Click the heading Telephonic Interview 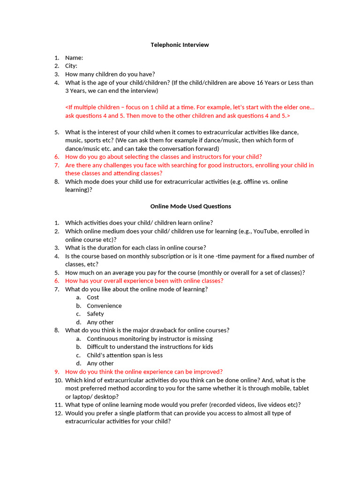(x=180, y=45)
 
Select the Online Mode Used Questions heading (x=190, y=206)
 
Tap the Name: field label (x=74, y=58)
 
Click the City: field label (x=71, y=66)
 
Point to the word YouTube (x=265, y=231)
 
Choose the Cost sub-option (x=93, y=297)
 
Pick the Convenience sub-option (x=104, y=306)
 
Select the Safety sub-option (x=95, y=314)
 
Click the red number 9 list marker (x=56, y=372)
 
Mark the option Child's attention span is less (x=125, y=355)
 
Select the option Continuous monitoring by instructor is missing (x=150, y=338)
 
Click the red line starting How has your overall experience (x=144, y=281)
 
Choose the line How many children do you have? (x=110, y=74)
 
